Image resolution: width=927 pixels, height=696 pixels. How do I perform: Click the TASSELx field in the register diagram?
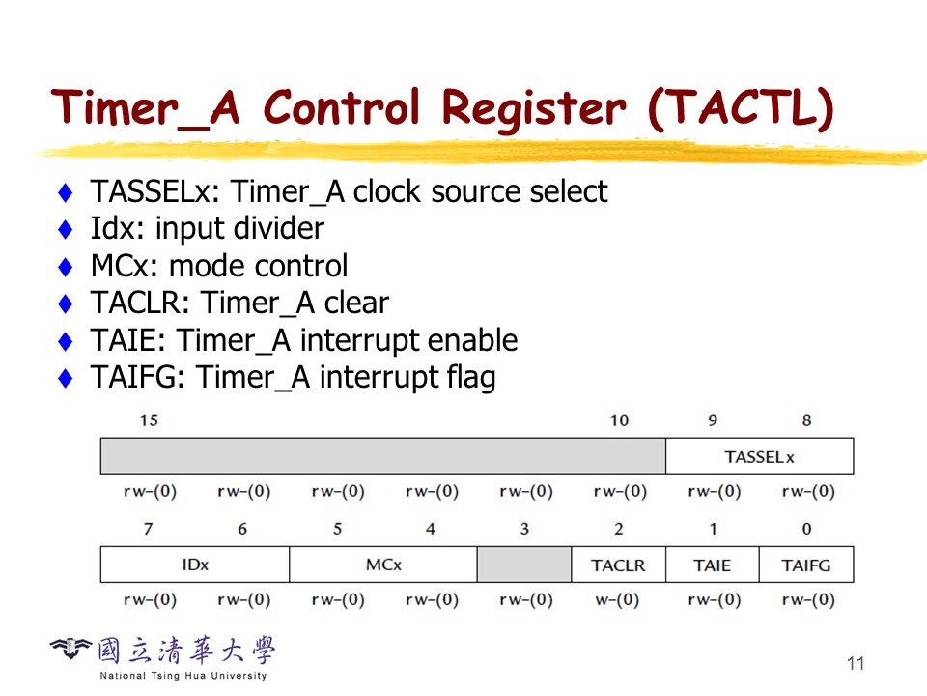pyautogui.click(x=760, y=456)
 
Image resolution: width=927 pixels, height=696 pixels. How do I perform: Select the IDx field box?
pyautogui.click(x=195, y=565)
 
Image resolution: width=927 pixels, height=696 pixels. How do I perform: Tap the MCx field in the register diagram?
pyautogui.click(x=383, y=565)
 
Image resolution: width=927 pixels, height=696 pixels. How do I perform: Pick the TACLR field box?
pyautogui.click(x=618, y=565)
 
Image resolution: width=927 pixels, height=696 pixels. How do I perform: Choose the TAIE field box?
pyautogui.click(x=713, y=565)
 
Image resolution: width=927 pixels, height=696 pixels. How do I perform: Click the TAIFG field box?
pyautogui.click(x=806, y=565)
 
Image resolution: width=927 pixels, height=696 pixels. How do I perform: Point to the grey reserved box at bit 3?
pyautogui.click(x=524, y=565)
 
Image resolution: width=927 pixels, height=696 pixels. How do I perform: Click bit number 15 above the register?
pyautogui.click(x=149, y=420)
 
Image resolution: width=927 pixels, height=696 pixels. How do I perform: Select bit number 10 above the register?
pyautogui.click(x=619, y=420)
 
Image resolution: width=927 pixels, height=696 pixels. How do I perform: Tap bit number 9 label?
pyautogui.click(x=713, y=420)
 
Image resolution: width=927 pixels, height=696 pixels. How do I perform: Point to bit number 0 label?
pyautogui.click(x=807, y=529)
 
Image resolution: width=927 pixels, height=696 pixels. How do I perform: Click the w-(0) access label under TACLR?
pyautogui.click(x=617, y=600)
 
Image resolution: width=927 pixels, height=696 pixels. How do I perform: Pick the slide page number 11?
pyautogui.click(x=856, y=663)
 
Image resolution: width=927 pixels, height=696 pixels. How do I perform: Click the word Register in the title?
pyautogui.click(x=533, y=108)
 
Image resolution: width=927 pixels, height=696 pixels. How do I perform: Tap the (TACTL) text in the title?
pyautogui.click(x=741, y=107)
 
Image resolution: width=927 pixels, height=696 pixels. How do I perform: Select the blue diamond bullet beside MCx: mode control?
pyautogui.click(x=66, y=267)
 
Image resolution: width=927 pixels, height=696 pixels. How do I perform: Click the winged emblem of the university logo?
pyautogui.click(x=70, y=649)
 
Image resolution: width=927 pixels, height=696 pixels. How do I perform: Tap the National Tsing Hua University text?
pyautogui.click(x=183, y=676)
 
